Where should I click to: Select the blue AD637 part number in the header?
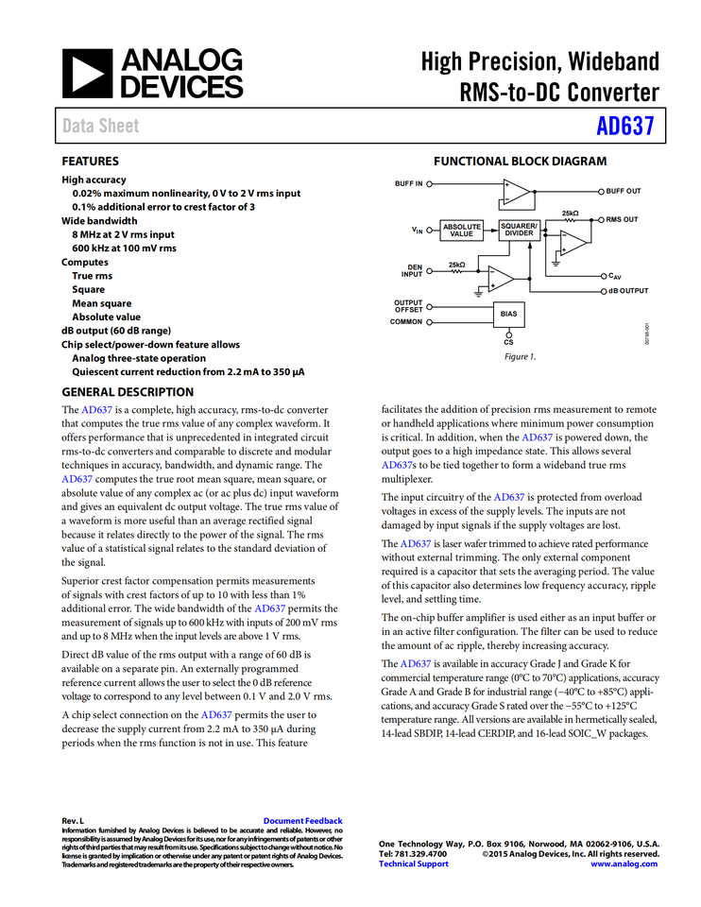625,127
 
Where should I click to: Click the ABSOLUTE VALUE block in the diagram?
462,230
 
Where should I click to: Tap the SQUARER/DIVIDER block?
519,230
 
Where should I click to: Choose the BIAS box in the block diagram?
509,313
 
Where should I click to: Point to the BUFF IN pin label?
408,183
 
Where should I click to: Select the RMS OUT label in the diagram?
623,219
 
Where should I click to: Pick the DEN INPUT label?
412,271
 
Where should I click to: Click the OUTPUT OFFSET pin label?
408,306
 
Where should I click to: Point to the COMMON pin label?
406,321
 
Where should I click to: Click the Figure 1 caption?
519,356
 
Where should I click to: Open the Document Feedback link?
302,821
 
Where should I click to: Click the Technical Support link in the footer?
414,864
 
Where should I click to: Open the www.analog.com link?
624,864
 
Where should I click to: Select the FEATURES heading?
91,162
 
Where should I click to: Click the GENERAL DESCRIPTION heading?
128,392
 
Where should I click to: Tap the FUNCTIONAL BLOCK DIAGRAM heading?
520,162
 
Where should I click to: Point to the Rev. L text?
73,821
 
